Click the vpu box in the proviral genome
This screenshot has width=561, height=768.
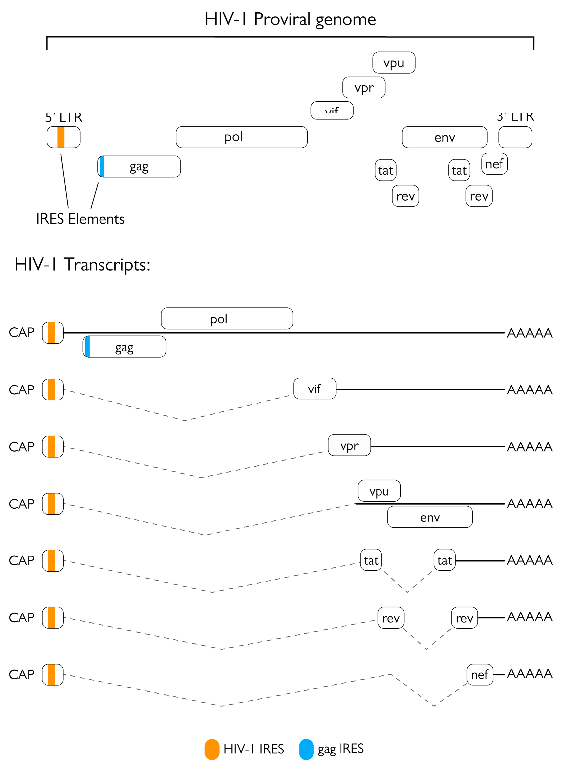click(394, 63)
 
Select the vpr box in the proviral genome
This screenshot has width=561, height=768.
click(364, 87)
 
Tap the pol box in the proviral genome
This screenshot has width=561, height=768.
click(241, 137)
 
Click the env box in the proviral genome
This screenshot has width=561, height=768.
click(444, 137)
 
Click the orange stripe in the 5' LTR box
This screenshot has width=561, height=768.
click(61, 137)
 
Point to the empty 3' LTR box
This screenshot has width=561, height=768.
click(515, 137)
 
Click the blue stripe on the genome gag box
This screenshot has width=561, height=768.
click(102, 166)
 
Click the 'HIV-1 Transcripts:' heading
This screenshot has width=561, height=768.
click(82, 264)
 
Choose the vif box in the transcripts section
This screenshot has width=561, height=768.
click(315, 388)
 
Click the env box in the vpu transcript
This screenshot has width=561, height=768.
click(430, 517)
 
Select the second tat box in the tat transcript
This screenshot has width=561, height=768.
click(444, 560)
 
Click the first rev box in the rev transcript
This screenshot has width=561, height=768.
click(391, 617)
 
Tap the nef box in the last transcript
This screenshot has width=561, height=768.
click(479, 674)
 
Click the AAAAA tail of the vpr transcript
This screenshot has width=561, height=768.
click(529, 446)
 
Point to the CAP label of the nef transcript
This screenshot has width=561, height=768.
click(22, 674)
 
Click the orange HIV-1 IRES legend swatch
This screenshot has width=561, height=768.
click(211, 749)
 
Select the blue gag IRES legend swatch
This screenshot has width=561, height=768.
click(306, 749)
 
